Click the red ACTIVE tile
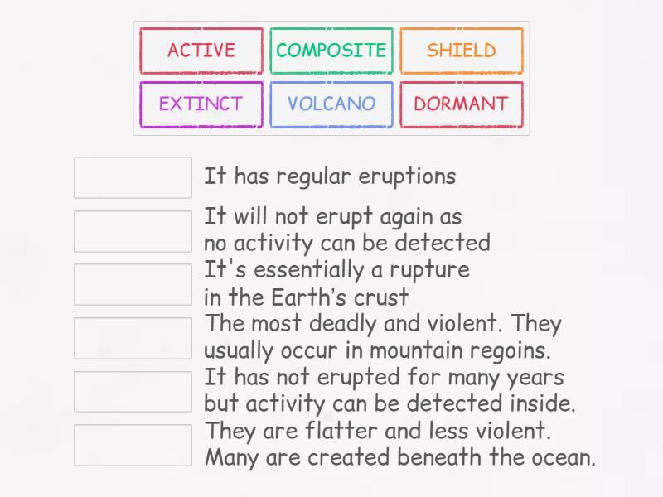click(201, 51)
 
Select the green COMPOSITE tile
click(331, 51)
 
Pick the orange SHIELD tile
click(462, 51)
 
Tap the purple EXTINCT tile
click(201, 104)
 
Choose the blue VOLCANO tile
click(331, 104)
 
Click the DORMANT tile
click(462, 104)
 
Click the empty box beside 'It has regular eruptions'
click(133, 177)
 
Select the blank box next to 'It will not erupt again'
click(133, 231)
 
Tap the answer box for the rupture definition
click(133, 284)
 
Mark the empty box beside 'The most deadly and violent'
click(133, 338)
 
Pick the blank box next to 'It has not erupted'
click(133, 391)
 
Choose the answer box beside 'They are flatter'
click(133, 445)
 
